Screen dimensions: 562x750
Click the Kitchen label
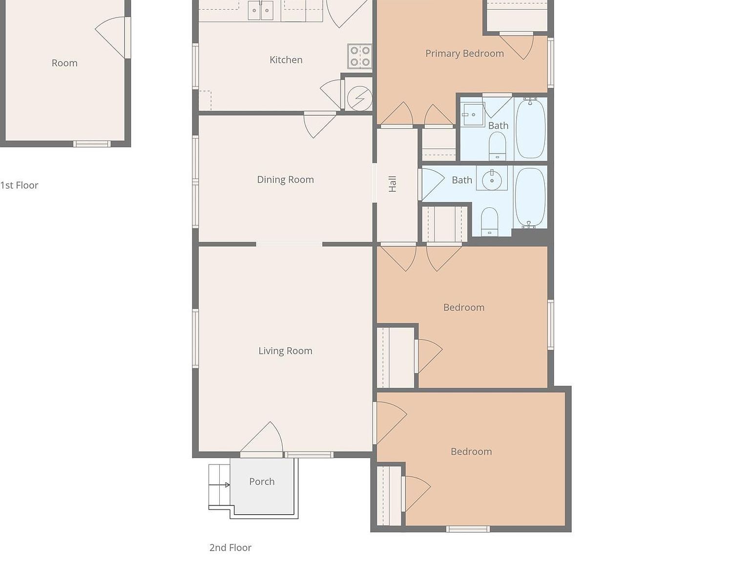(x=286, y=60)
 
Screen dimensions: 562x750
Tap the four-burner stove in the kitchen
(x=360, y=56)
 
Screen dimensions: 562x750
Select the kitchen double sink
(x=260, y=10)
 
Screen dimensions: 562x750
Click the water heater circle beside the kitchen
(x=359, y=99)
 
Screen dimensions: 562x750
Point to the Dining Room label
(x=285, y=180)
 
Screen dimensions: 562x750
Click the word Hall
(x=393, y=184)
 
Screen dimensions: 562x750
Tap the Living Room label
(x=285, y=351)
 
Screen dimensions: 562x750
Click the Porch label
(x=262, y=482)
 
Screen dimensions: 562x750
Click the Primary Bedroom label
(x=464, y=54)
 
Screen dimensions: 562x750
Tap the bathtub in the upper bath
(x=530, y=128)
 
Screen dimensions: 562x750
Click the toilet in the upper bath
(x=498, y=145)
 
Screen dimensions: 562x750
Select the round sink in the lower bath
(x=492, y=180)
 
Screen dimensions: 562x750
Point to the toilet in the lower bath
(x=489, y=222)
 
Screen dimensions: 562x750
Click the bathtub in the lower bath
(x=530, y=197)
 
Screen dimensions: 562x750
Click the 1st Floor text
(x=19, y=185)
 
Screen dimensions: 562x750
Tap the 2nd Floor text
(x=230, y=548)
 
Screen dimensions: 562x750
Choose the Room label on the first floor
(x=64, y=63)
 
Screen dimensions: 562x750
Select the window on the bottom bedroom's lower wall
(x=468, y=529)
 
